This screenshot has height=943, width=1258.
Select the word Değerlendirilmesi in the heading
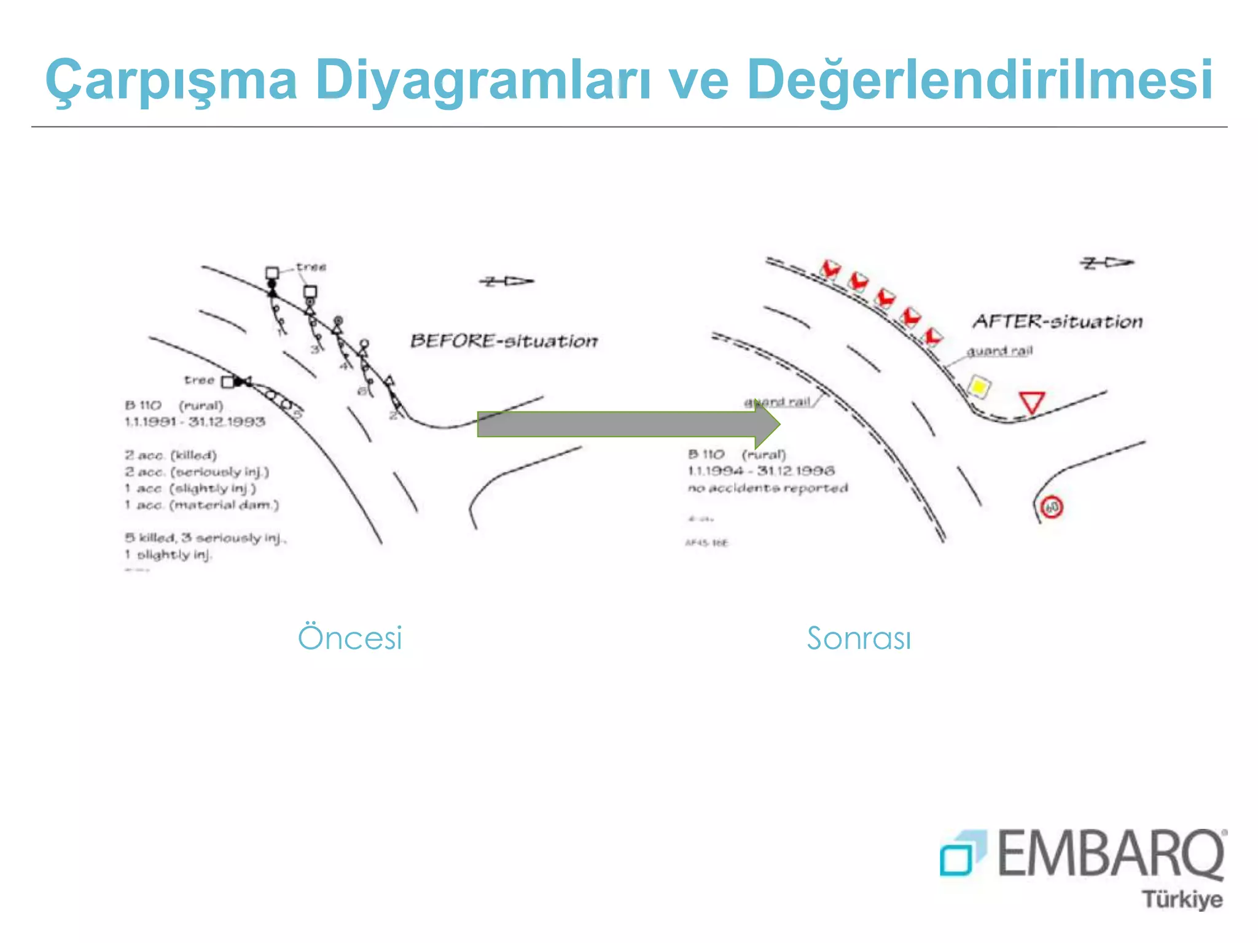tap(979, 80)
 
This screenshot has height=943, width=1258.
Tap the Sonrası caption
tap(859, 638)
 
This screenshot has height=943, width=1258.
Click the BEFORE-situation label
tap(504, 341)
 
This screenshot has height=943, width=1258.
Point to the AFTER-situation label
tap(1057, 322)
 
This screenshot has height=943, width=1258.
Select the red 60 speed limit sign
tap(1052, 508)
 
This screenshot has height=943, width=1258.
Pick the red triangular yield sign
tap(1032, 402)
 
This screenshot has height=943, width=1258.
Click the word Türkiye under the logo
tap(1182, 899)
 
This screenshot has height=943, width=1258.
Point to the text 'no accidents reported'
tap(768, 488)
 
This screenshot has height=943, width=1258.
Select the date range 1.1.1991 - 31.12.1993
tap(195, 422)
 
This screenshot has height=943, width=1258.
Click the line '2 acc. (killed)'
tap(171, 456)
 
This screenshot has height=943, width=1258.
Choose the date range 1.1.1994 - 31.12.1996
tap(761, 471)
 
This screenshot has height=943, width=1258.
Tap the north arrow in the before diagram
tap(506, 281)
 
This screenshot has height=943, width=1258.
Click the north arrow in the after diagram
tap(1106, 263)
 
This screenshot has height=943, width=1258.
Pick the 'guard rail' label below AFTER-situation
tap(999, 351)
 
